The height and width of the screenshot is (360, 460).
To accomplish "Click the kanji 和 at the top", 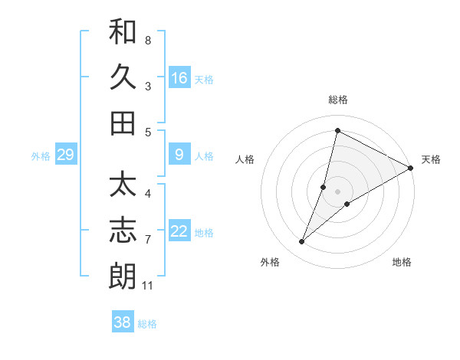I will coord(123,31).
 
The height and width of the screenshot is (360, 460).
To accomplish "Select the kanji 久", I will coord(123,77).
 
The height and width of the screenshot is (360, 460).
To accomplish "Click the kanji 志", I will coord(123,231).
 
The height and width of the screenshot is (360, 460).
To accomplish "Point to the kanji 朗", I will coord(123,277).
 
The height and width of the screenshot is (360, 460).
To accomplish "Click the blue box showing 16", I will coord(179,77).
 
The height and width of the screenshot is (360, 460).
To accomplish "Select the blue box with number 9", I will coord(179,155).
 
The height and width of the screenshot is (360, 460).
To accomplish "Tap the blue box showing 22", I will coord(179,232).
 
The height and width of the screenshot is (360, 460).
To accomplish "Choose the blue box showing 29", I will coord(65,155).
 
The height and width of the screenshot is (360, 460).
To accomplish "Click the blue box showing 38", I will coord(123,322).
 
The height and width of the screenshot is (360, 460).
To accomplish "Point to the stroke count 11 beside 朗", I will coord(148,286).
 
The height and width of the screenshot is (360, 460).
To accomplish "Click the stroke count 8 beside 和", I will coord(148,40).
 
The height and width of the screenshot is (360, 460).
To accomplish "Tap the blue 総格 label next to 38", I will coord(147,324).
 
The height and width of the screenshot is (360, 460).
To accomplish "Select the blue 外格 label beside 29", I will coord(41,156).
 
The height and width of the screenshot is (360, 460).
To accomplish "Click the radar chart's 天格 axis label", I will coord(431,159).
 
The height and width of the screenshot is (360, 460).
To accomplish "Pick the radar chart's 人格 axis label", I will coord(245,159).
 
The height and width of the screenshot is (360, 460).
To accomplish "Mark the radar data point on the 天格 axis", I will coord(410,168).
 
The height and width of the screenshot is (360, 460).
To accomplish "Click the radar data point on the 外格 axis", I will coord(302,242).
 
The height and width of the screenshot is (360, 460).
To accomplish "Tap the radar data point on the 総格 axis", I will coord(337,130).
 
